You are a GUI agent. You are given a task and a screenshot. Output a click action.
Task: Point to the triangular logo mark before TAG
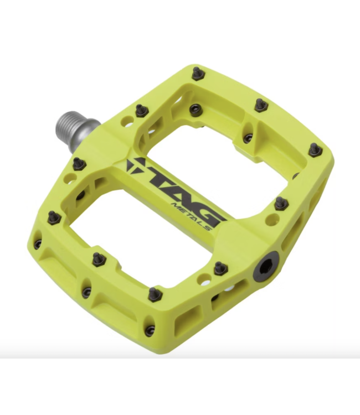(136, 165)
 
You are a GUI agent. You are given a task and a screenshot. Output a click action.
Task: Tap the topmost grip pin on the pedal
(197, 72)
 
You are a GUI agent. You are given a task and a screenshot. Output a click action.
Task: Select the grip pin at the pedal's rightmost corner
(314, 149)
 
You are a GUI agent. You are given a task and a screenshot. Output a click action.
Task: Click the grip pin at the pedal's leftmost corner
(54, 217)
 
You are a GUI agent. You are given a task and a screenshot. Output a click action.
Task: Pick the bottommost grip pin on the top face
(155, 293)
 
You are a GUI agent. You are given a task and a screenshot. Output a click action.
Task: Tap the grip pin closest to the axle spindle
(141, 110)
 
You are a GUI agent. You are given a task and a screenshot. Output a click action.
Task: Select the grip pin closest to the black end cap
(220, 267)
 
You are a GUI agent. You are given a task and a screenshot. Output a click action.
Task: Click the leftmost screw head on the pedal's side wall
(38, 243)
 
